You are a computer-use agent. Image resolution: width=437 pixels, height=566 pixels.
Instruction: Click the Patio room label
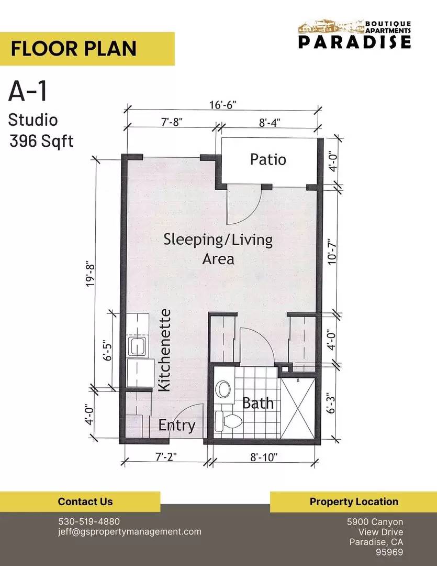point(268,159)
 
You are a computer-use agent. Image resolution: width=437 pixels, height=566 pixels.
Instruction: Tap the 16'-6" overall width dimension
point(223,105)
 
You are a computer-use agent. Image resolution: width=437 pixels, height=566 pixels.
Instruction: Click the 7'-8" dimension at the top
point(172,122)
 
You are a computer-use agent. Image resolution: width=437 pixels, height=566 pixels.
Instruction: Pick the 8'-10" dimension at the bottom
point(264,458)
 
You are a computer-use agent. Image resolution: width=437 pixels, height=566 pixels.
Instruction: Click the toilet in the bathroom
point(229,421)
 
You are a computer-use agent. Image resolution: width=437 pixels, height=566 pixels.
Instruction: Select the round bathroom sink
point(223,389)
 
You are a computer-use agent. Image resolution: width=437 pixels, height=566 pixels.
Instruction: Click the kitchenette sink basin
point(137,346)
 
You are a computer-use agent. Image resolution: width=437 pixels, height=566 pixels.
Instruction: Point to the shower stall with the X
point(298,407)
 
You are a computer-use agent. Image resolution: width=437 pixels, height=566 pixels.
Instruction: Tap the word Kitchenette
point(164,350)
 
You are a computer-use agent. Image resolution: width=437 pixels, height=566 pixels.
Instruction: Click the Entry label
point(177,425)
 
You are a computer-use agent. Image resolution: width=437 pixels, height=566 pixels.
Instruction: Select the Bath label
point(257,403)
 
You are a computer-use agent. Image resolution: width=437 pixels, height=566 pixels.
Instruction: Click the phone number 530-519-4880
point(89,521)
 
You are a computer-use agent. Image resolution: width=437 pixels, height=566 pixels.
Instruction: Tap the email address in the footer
point(130,532)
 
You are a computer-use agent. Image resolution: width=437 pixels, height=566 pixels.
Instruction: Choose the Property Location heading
point(354,502)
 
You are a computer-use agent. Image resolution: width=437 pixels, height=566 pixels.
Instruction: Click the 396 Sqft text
point(41,141)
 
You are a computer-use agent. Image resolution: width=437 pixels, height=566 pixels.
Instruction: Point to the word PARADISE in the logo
point(354,41)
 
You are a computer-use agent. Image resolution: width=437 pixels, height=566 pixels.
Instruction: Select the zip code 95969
point(389,552)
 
